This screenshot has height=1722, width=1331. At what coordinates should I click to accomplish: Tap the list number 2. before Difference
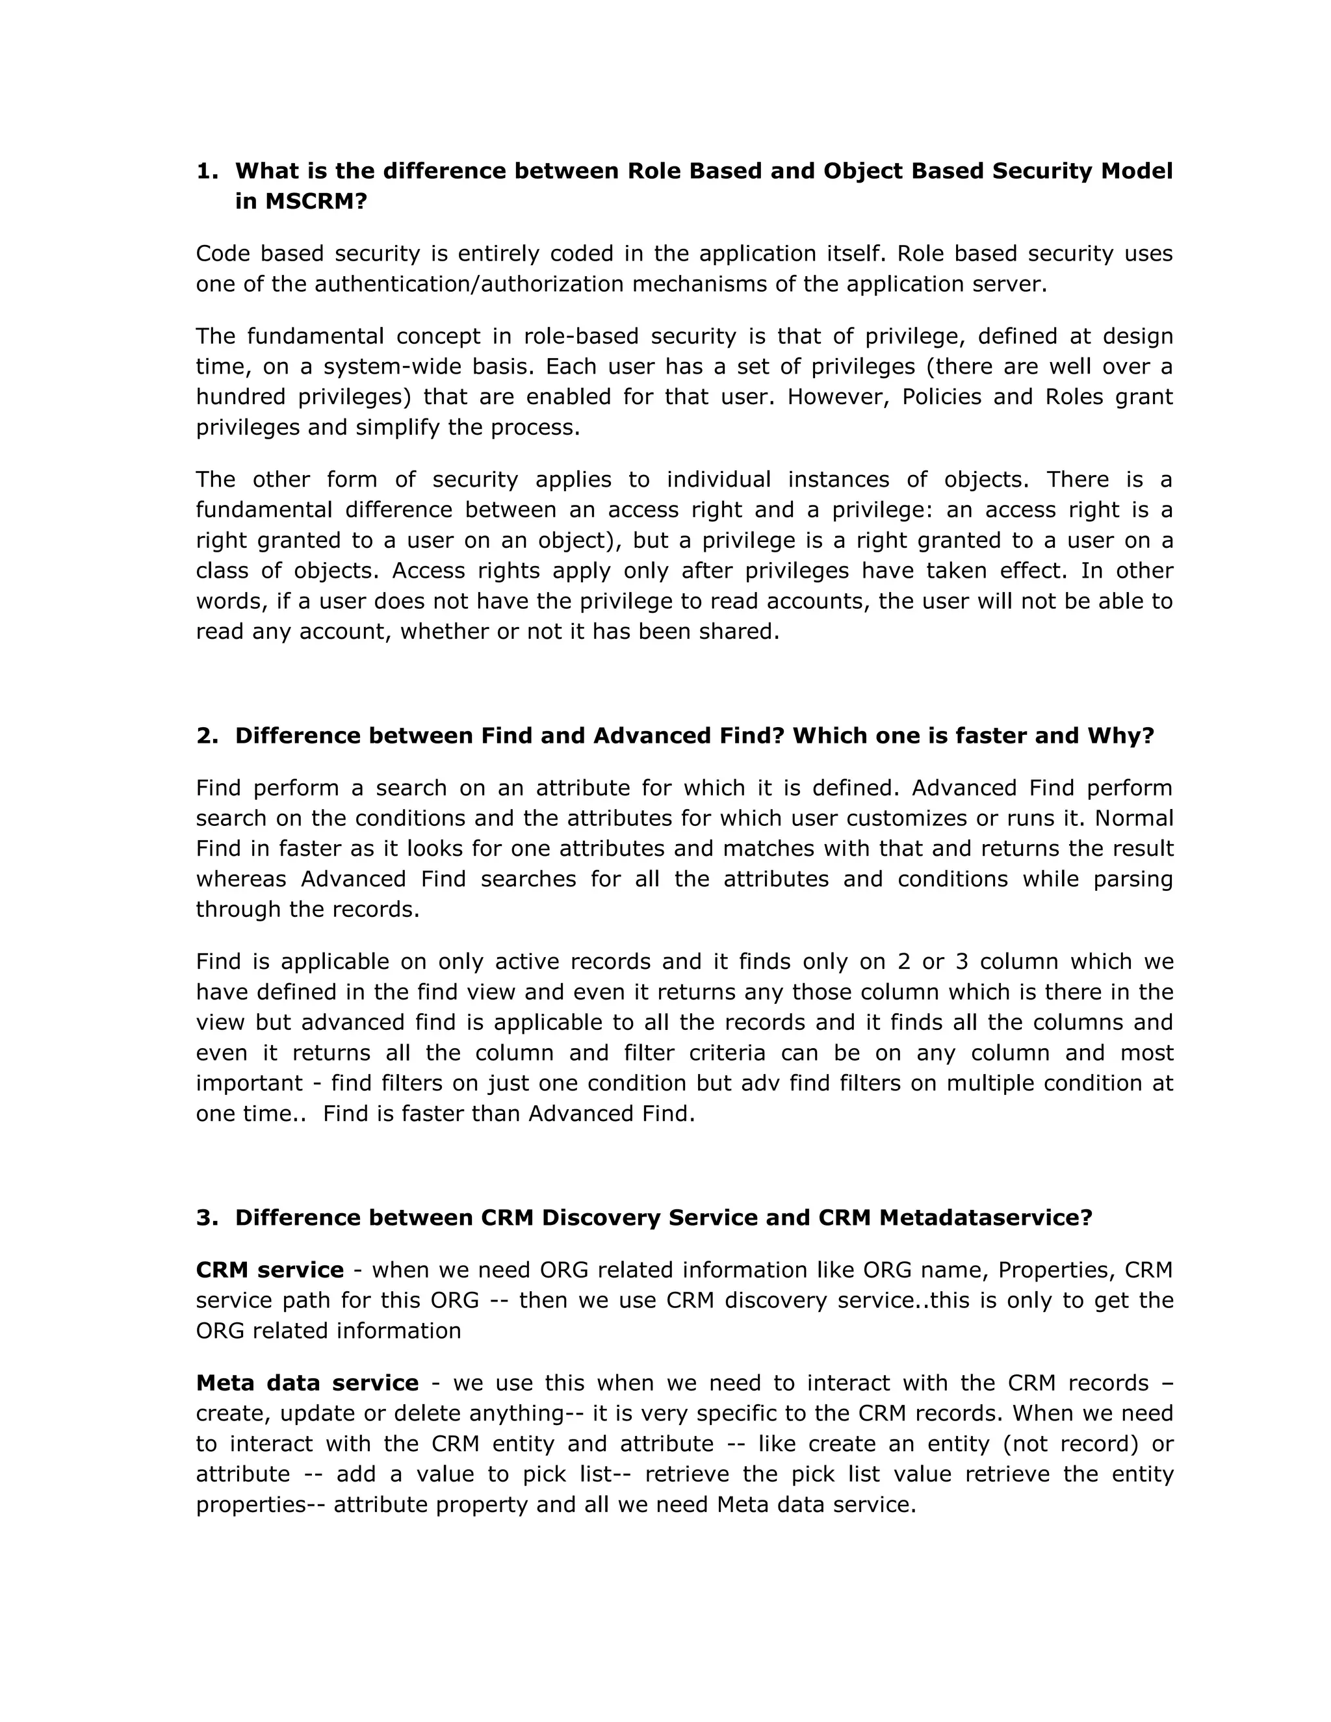pyautogui.click(x=207, y=736)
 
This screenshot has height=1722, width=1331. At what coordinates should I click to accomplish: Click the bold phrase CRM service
pyautogui.click(x=270, y=1270)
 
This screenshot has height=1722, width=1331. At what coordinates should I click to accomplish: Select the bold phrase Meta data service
pyautogui.click(x=307, y=1383)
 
